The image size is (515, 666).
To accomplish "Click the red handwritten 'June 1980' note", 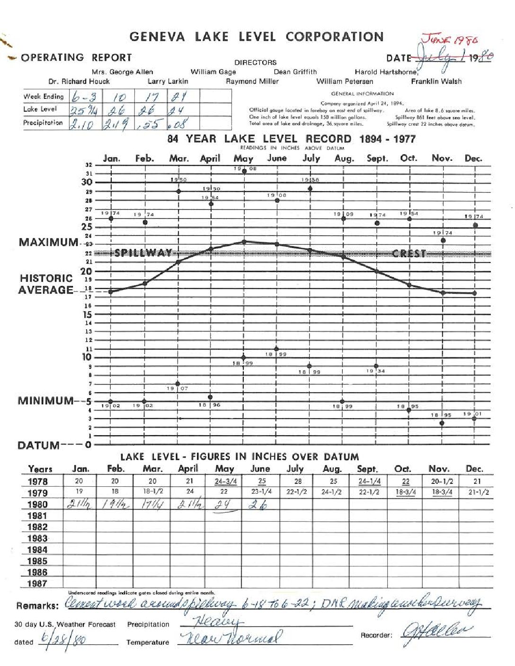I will [450, 40].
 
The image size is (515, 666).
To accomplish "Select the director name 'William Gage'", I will [213, 72].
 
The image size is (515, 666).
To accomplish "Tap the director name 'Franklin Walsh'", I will [436, 81].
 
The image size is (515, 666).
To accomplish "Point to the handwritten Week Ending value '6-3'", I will [84, 97].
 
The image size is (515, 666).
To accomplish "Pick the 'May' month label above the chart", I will [243, 158].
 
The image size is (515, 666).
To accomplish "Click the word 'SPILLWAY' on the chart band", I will [143, 253].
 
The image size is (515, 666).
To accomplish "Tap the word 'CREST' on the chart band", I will [409, 254].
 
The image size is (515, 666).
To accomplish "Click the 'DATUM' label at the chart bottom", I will [39, 445].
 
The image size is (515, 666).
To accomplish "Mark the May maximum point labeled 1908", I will [244, 171].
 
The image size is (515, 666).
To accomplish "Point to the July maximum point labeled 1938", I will [310, 189].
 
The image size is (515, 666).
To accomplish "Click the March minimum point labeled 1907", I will [178, 384].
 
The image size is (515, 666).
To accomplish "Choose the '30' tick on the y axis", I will [87, 182].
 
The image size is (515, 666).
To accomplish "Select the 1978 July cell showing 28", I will [298, 481].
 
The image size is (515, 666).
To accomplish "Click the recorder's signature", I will [436, 632].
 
